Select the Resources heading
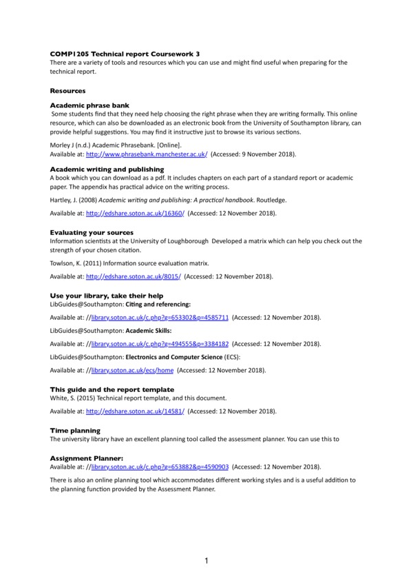pyautogui.click(x=67, y=90)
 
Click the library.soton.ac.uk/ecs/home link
pyautogui.click(x=131, y=370)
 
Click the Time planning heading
pyautogui.click(x=76, y=431)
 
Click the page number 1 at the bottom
pyautogui.click(x=206, y=561)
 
